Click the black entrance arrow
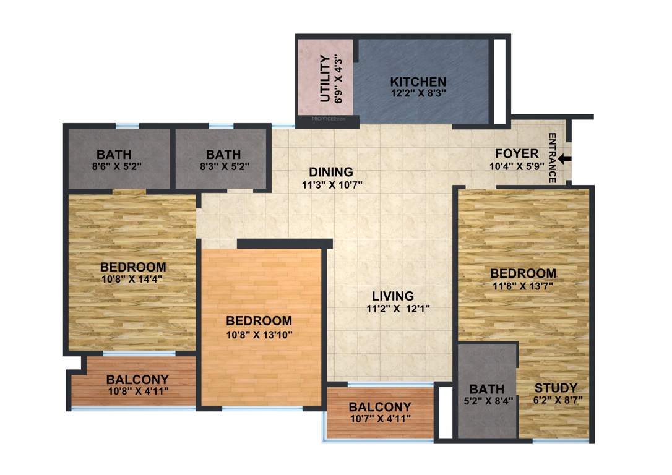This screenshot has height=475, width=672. [564, 159]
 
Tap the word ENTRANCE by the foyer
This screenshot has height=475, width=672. [553, 158]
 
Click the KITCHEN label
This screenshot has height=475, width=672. [418, 82]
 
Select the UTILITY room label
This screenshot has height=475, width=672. [324, 79]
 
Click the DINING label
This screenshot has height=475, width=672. [331, 172]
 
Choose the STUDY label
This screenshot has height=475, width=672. [556, 388]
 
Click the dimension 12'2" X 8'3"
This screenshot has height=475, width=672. [418, 94]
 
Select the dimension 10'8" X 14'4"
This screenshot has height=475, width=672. [133, 279]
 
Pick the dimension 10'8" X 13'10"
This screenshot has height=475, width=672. [259, 334]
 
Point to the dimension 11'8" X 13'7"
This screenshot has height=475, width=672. [523, 286]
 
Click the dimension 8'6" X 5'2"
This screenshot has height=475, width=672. [114, 166]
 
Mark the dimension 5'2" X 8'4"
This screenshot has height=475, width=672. [487, 401]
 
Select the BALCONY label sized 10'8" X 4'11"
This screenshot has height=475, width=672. [137, 379]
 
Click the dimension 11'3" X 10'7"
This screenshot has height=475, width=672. [331, 184]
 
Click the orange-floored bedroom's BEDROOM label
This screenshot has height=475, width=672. [259, 321]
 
